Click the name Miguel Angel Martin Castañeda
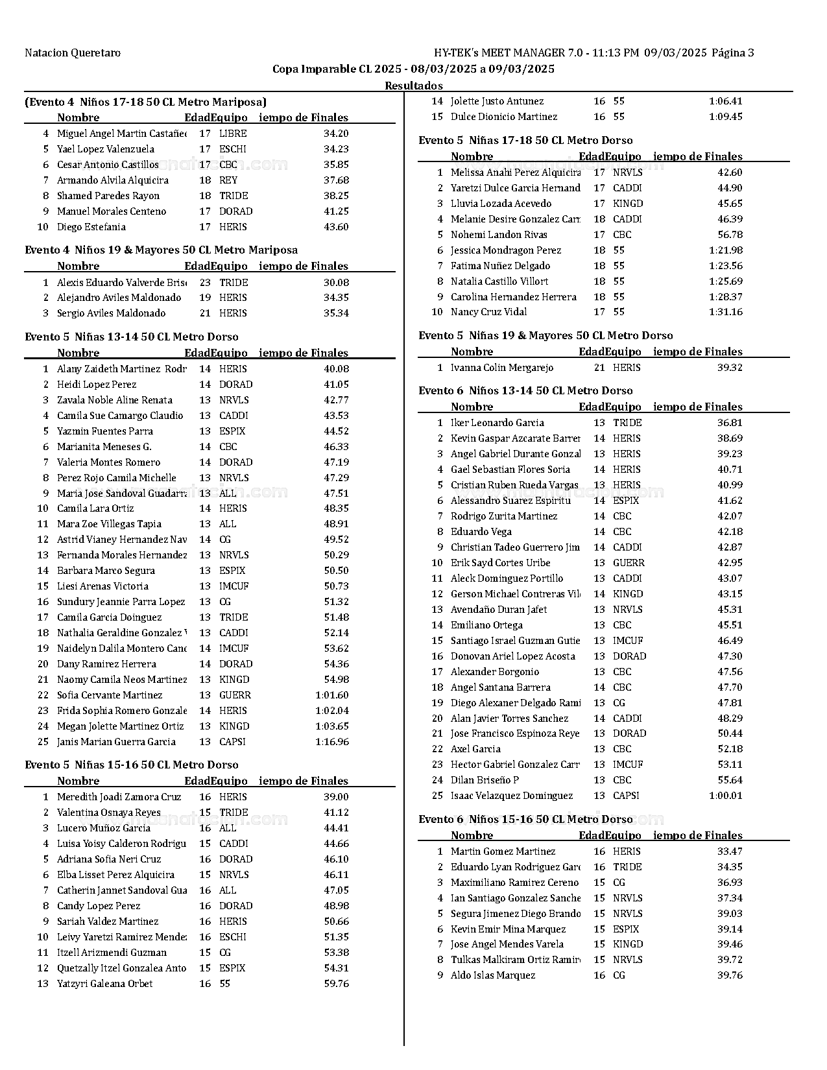(x=121, y=134)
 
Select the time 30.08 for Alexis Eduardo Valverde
(x=336, y=283)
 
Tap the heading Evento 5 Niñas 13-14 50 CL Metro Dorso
(x=132, y=337)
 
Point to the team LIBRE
(x=233, y=134)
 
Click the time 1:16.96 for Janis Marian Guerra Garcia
(x=332, y=742)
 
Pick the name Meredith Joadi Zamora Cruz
(x=119, y=797)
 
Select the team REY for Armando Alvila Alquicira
(x=228, y=180)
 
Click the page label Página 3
(x=733, y=53)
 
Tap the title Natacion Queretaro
(x=73, y=53)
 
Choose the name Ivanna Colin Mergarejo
(x=502, y=368)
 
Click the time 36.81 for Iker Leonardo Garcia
(x=730, y=423)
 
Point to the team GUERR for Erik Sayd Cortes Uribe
(x=629, y=563)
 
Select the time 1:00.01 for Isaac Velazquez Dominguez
(x=726, y=796)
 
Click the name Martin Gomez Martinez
(x=503, y=851)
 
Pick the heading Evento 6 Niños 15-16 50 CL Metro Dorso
(x=525, y=820)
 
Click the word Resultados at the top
(x=414, y=86)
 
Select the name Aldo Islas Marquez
(x=493, y=975)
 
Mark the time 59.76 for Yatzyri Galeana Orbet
(x=336, y=984)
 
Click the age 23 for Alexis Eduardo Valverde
(x=205, y=283)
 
